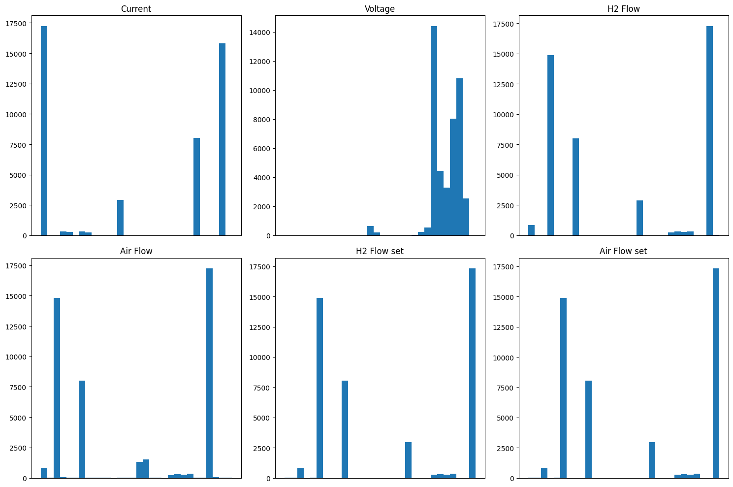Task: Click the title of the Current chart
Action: (136, 9)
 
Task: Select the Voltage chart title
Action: (380, 9)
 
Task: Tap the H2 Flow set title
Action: (380, 251)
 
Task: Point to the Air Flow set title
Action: (623, 251)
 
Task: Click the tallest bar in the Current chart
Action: (44, 130)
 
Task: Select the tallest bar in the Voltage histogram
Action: (434, 130)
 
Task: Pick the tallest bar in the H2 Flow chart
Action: (709, 130)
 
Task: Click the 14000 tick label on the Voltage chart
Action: (259, 32)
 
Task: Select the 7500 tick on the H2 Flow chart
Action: (505, 145)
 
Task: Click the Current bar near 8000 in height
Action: (196, 187)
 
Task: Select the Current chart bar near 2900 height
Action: (120, 218)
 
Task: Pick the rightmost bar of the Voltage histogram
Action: (466, 217)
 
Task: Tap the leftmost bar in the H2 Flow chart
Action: (531, 230)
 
